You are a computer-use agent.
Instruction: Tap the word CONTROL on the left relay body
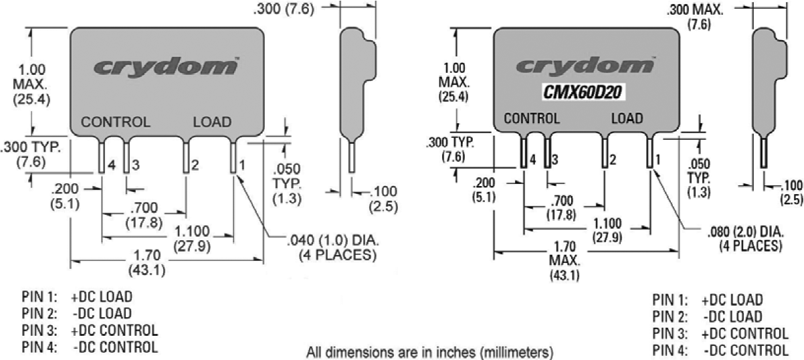pyautogui.click(x=116, y=122)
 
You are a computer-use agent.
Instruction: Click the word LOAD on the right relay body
pyautogui.click(x=627, y=118)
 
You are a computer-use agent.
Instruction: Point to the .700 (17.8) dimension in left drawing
pyautogui.click(x=143, y=215)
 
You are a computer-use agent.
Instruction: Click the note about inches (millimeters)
pyautogui.click(x=430, y=351)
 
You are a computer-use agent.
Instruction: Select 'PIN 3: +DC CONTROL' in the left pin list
pyautogui.click(x=88, y=331)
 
